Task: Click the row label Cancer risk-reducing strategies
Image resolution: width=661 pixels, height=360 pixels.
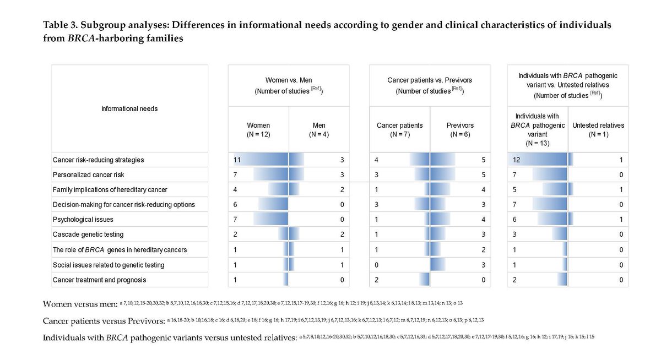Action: click(x=98, y=160)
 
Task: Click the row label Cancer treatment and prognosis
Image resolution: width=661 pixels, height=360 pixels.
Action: click(x=99, y=280)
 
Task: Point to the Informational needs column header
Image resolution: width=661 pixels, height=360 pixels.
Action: click(x=129, y=108)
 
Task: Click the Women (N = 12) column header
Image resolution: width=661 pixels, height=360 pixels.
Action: click(x=258, y=130)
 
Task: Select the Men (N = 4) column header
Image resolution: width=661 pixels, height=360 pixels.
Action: click(x=319, y=130)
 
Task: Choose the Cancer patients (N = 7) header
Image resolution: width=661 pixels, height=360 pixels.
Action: click(x=399, y=130)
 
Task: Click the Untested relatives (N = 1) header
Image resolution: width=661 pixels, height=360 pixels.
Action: click(x=598, y=130)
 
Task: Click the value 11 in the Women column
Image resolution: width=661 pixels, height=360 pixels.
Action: click(x=237, y=160)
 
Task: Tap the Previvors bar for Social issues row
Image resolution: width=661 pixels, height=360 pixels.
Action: click(x=445, y=265)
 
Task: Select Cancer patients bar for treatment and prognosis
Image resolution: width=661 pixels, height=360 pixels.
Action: click(x=424, y=280)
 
